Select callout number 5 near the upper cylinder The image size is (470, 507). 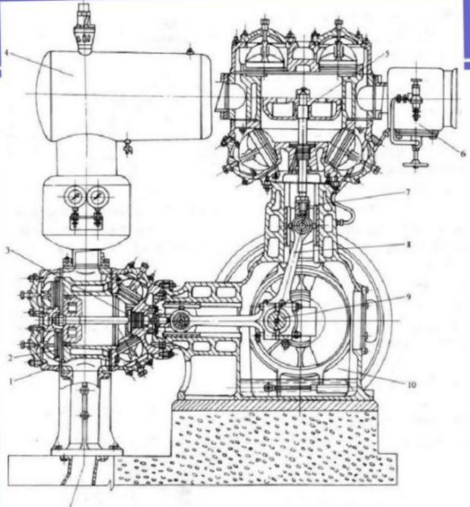click(387, 53)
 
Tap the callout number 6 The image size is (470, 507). click(462, 151)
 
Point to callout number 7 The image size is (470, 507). click(407, 193)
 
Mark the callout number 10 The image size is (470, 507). click(411, 385)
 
